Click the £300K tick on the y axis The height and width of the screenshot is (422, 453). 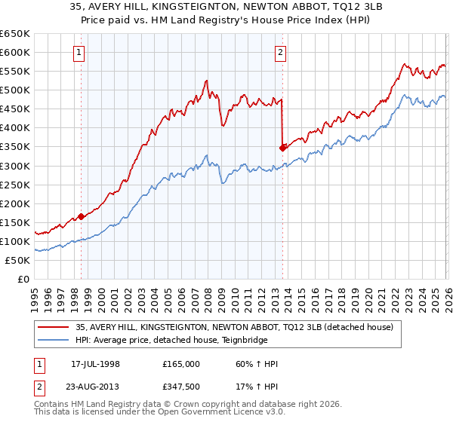15,166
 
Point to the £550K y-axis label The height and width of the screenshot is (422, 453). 15,72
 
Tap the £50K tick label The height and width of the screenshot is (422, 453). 18,260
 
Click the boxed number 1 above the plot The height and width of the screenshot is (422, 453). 80,52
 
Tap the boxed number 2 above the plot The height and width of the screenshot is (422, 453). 280,52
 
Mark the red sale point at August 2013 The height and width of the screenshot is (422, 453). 282,148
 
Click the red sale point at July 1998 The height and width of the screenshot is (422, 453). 81,216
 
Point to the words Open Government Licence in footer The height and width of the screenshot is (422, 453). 226,414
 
